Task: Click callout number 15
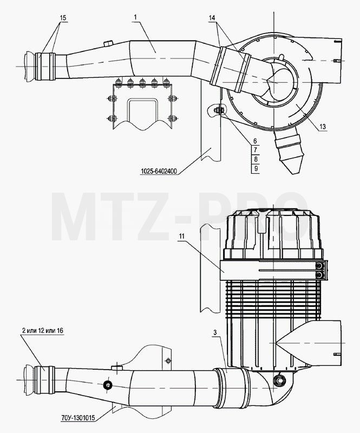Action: pyautogui.click(x=63, y=18)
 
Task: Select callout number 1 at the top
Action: pyautogui.click(x=135, y=17)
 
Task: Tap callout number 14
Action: pyautogui.click(x=212, y=18)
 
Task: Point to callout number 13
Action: pyautogui.click(x=323, y=127)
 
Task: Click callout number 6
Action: pyautogui.click(x=255, y=141)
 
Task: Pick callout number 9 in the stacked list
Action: pyautogui.click(x=256, y=168)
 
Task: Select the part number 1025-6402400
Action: pyautogui.click(x=159, y=171)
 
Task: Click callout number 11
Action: pyautogui.click(x=181, y=236)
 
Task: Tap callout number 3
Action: pyautogui.click(x=215, y=333)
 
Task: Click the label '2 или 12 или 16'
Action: pyautogui.click(x=42, y=330)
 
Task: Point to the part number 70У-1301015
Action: pyautogui.click(x=78, y=418)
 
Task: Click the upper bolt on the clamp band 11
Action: pyautogui.click(x=319, y=266)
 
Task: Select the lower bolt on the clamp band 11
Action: pyautogui.click(x=319, y=275)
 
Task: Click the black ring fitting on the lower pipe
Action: pyautogui.click(x=107, y=385)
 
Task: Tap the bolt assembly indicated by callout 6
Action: pyautogui.click(x=219, y=110)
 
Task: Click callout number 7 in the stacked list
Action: pyautogui.click(x=256, y=150)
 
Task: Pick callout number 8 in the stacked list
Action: pyautogui.click(x=256, y=159)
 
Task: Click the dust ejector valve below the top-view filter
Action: pyautogui.click(x=289, y=150)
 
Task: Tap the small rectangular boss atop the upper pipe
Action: pyautogui.click(x=108, y=44)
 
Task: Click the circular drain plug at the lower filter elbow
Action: pyautogui.click(x=278, y=380)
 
